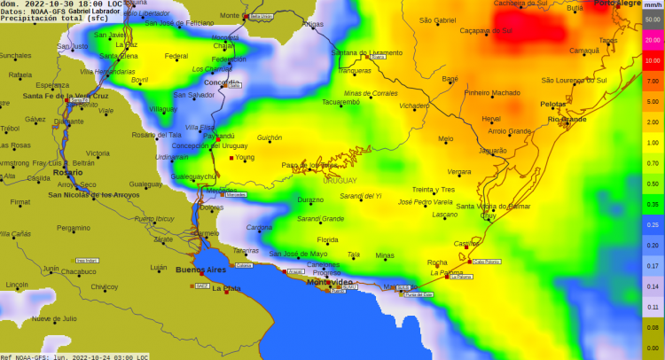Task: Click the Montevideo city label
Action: point(329,282)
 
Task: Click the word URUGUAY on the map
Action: point(339,180)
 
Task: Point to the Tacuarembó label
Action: point(340,102)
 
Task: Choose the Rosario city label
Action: point(67,172)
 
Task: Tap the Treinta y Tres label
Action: point(434,190)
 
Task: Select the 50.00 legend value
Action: point(653,20)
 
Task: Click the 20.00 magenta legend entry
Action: point(653,39)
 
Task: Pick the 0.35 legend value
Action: point(653,205)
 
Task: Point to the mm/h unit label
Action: point(653,5)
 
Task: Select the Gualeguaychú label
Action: point(193,176)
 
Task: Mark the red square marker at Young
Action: point(231,158)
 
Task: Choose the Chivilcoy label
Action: point(105,286)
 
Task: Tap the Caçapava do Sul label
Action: point(487,30)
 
